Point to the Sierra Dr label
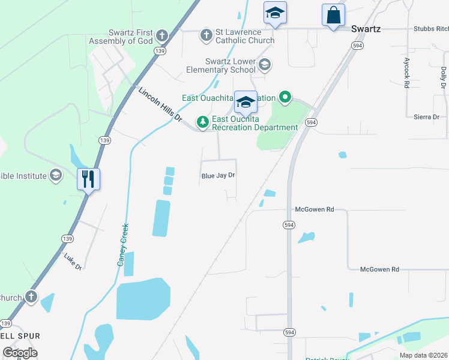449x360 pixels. [x=427, y=117]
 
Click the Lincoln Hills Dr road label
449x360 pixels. [x=160, y=105]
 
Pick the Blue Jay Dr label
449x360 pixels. [x=217, y=176]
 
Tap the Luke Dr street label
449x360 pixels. [x=73, y=262]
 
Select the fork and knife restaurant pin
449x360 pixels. [x=89, y=178]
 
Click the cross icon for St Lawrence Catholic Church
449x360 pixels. [x=206, y=35]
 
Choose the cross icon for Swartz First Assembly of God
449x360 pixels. [x=161, y=35]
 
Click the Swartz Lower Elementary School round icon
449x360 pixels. [x=265, y=64]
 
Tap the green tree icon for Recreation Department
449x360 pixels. [x=203, y=122]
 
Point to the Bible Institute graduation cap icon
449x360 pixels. [x=56, y=175]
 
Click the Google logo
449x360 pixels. [x=20, y=352]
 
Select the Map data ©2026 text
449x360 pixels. [x=423, y=355]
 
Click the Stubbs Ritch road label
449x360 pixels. [x=430, y=28]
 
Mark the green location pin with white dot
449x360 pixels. [x=286, y=97]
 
